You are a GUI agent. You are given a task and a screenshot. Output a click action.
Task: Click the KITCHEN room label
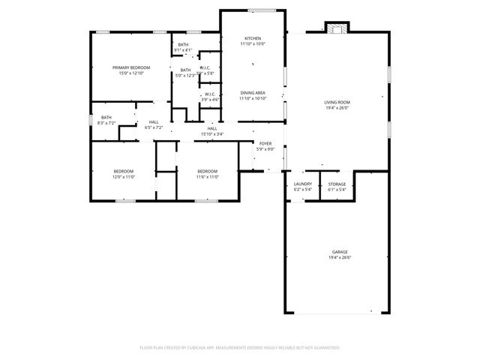[x=253, y=38]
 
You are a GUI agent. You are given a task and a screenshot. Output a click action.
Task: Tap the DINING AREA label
[x=253, y=92]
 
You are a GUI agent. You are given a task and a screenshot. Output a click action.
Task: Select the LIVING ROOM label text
[x=337, y=102]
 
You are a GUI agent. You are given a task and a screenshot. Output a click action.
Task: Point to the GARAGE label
[x=340, y=251]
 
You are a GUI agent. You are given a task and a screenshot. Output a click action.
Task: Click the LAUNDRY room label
[x=303, y=184]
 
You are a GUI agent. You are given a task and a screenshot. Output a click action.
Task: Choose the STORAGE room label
[x=337, y=184]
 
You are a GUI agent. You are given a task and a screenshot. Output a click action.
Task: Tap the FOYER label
[x=265, y=143]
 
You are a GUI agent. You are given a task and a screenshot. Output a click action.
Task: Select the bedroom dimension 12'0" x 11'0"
[x=123, y=177]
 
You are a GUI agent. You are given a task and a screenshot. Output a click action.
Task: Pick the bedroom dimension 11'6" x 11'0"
[x=207, y=177]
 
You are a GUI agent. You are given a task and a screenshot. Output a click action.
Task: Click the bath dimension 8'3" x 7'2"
[x=106, y=122]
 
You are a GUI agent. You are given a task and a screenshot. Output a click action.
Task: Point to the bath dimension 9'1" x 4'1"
[x=183, y=50]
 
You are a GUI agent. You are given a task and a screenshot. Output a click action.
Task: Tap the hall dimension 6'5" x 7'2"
[x=153, y=127]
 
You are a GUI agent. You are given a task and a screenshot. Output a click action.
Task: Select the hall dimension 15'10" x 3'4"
[x=212, y=134]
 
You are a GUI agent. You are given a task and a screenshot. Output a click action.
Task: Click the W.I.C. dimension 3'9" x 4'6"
[x=210, y=100]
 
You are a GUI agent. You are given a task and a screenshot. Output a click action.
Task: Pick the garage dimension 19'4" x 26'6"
[x=340, y=257]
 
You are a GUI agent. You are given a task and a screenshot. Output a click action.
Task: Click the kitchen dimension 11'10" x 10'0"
[x=253, y=44]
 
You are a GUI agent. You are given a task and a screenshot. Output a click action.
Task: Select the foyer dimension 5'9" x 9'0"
[x=265, y=149]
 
